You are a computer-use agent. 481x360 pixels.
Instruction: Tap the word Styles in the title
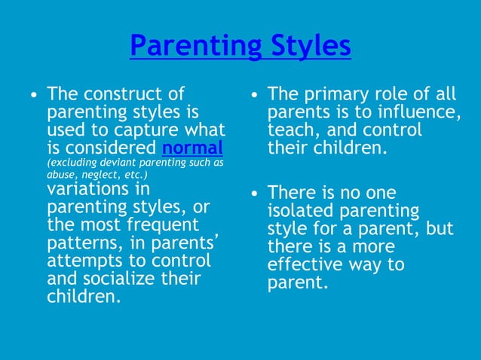(308, 46)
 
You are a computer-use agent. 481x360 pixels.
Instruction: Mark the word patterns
(80, 243)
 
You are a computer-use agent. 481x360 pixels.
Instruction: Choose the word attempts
(81, 261)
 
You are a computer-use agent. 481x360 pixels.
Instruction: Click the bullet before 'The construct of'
(32, 96)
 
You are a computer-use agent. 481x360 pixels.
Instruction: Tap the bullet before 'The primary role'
(254, 96)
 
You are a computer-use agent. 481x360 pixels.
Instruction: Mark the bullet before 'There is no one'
(254, 194)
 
